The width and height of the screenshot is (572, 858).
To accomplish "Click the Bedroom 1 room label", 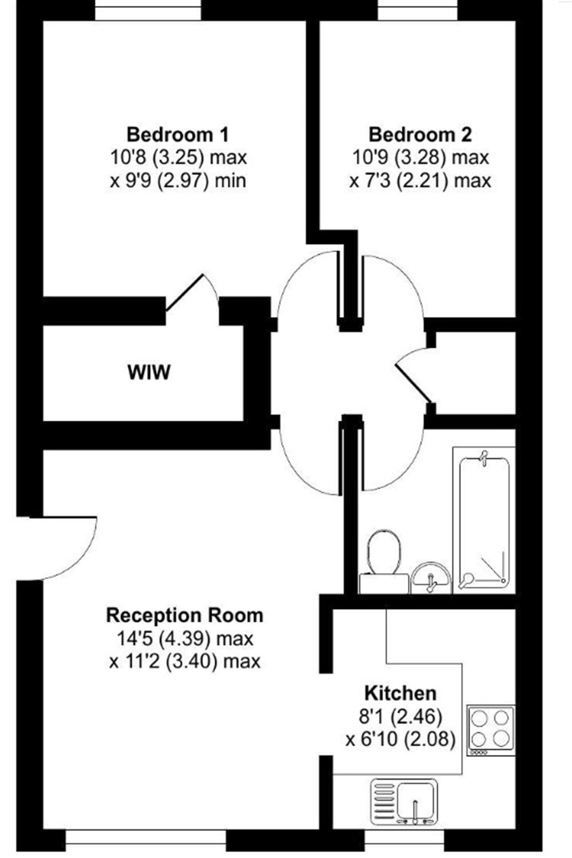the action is [x=177, y=135].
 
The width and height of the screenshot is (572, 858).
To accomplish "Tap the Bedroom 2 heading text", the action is [x=420, y=135].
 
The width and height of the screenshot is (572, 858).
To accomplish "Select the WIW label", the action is [x=149, y=372].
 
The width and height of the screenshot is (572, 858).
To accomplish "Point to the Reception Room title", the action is [x=185, y=615].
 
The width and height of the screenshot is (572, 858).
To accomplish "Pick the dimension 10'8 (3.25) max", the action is [x=178, y=157].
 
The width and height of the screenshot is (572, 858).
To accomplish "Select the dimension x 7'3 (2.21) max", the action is [x=420, y=180].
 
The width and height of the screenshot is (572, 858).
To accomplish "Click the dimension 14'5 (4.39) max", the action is [x=185, y=638].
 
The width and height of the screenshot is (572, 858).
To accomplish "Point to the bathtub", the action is [x=484, y=520].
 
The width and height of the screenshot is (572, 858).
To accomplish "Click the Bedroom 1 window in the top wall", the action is [x=148, y=10].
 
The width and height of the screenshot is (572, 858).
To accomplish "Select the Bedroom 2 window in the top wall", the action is [x=418, y=10].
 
